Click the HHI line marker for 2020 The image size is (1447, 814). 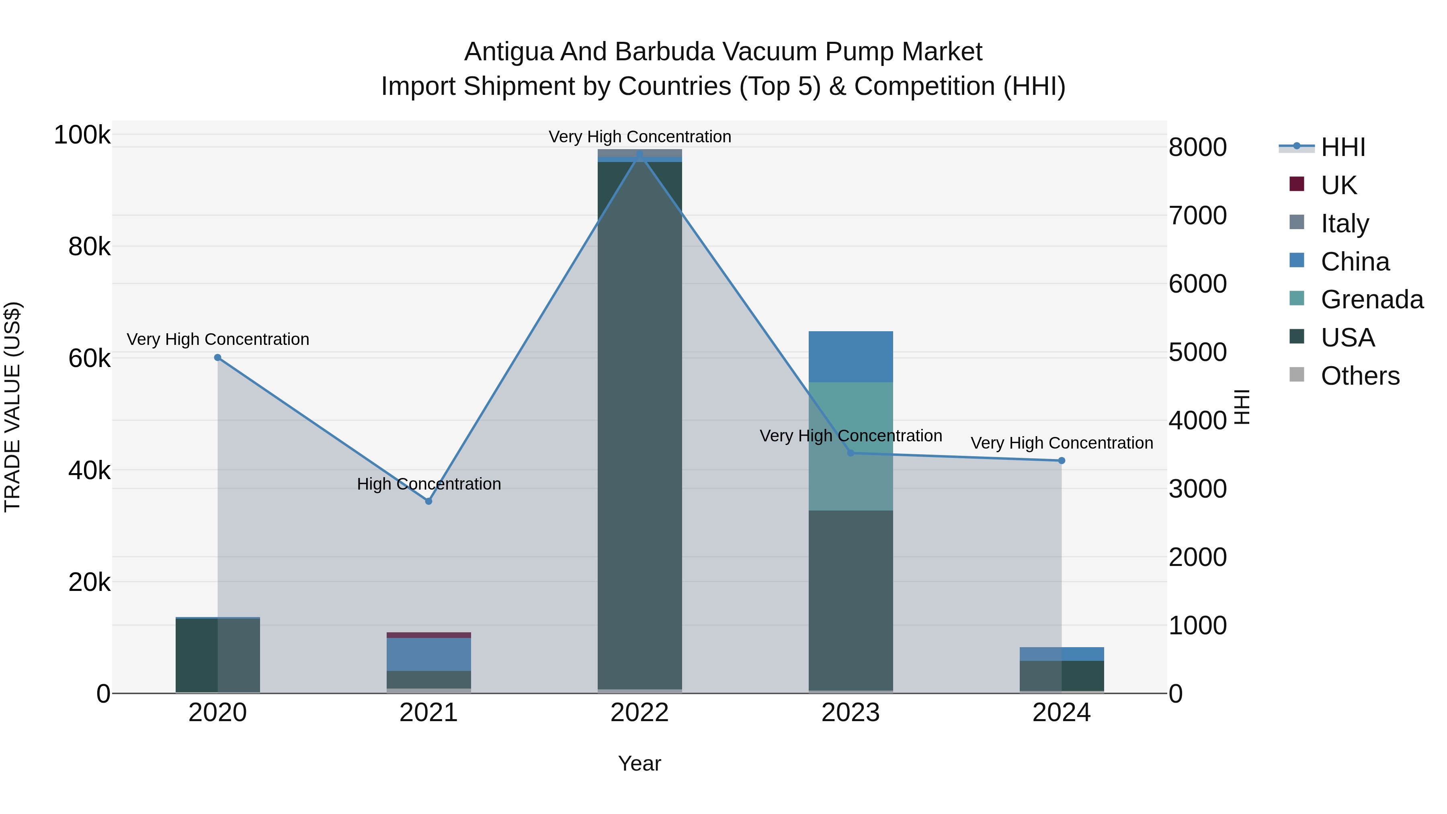click(x=218, y=358)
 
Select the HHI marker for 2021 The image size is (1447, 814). click(x=428, y=501)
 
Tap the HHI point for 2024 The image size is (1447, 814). click(x=1062, y=461)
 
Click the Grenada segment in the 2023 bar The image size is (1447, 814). click(x=851, y=446)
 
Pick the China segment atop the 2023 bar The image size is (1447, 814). click(x=851, y=357)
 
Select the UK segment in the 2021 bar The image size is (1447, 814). click(x=428, y=635)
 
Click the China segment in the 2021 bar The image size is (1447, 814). click(x=428, y=654)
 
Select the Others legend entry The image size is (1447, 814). click(x=1359, y=376)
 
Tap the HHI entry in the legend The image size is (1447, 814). click(x=1342, y=147)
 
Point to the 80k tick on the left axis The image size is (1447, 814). click(x=89, y=247)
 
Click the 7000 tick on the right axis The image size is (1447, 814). click(x=1198, y=216)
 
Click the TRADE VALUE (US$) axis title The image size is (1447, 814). click(x=12, y=407)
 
